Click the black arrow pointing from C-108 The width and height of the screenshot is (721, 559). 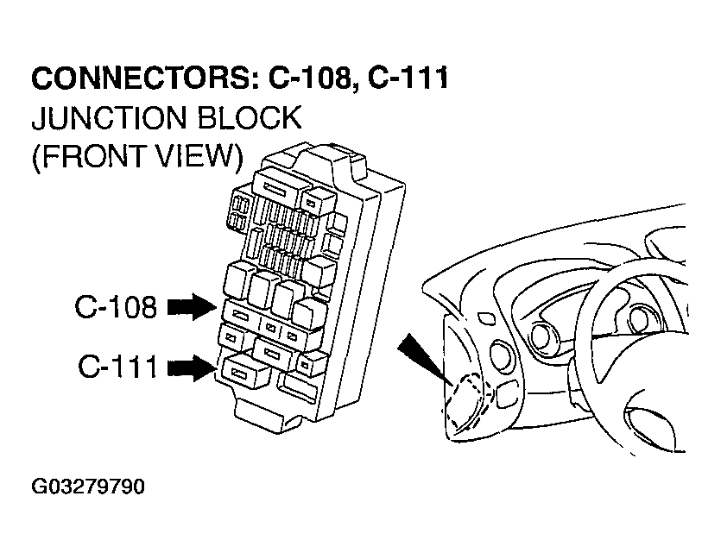pos(191,306)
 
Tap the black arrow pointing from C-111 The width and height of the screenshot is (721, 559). pos(191,368)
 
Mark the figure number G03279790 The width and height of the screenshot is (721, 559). pos(88,487)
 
